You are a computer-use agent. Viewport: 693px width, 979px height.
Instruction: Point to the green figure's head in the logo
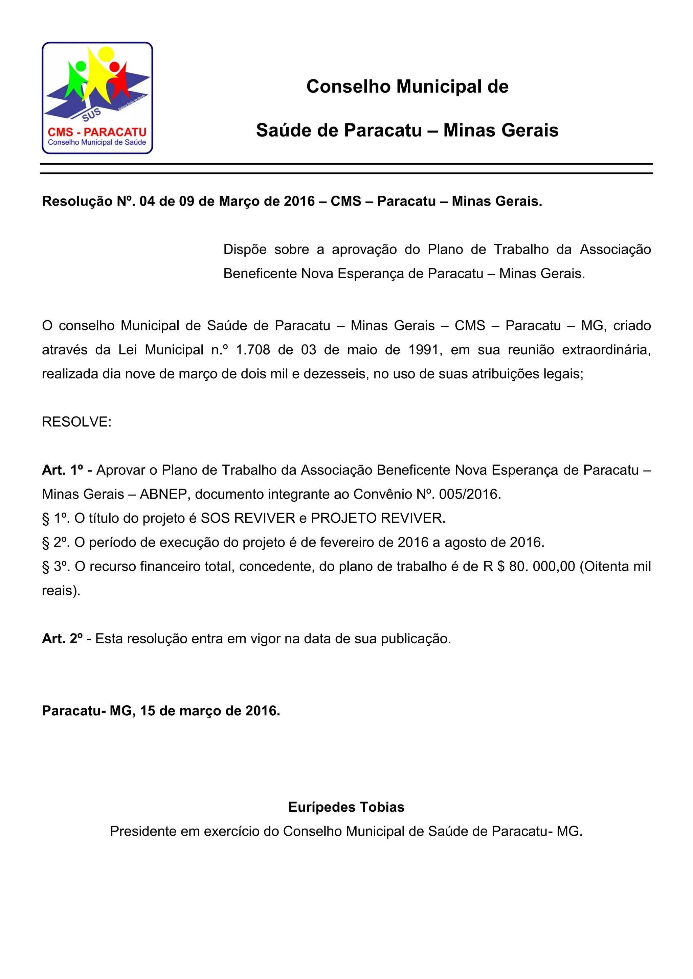tap(80, 67)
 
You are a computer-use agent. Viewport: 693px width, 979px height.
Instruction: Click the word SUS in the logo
tap(92, 114)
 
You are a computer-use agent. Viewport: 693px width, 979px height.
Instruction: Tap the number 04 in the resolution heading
tap(147, 201)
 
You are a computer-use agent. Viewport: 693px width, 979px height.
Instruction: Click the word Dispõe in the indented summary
tap(245, 249)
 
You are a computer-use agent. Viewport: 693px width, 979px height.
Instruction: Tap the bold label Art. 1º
tap(62, 470)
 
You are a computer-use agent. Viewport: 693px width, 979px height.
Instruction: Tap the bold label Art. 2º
tap(62, 639)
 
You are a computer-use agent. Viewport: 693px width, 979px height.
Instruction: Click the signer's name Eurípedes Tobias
tap(346, 807)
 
